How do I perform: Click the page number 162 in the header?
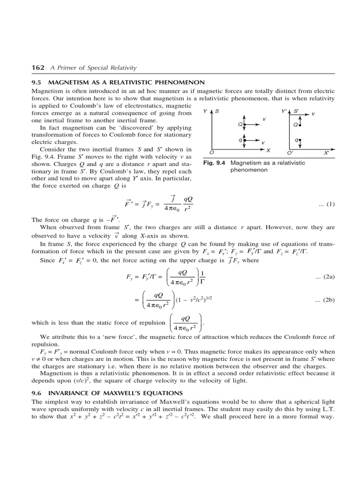tap(37, 67)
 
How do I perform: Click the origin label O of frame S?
tap(211, 152)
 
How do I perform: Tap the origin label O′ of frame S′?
tap(290, 153)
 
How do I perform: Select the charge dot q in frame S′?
tap(300, 140)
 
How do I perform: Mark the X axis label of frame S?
tap(268, 150)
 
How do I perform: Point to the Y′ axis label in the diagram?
tap(284, 112)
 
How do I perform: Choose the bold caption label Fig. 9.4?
tap(215, 163)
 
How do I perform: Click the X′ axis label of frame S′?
tap(326, 153)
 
